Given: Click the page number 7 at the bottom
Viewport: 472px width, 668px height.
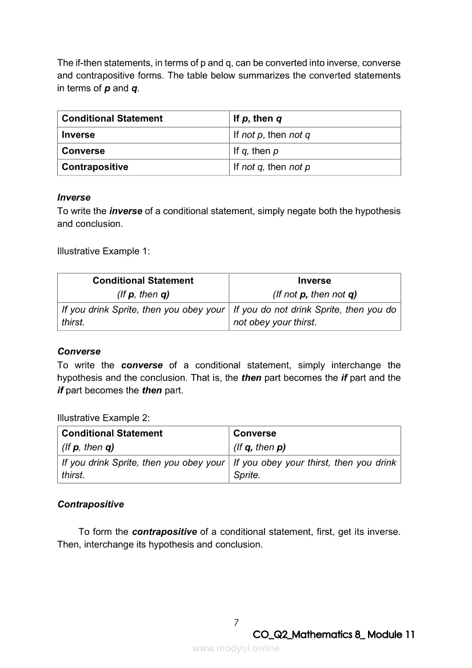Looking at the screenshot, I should pyautogui.click(x=236, y=622).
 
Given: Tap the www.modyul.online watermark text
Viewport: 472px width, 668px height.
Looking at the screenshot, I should pyautogui.click(x=236, y=648).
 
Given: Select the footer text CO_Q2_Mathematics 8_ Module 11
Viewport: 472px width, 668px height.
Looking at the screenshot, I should pyautogui.click(x=334, y=635).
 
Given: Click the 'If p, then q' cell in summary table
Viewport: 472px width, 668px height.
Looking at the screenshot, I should pyautogui.click(x=258, y=119).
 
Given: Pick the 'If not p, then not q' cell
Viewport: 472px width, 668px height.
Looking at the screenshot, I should pyautogui.click(x=271, y=135).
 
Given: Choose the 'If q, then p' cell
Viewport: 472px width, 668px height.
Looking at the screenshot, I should pyautogui.click(x=256, y=151).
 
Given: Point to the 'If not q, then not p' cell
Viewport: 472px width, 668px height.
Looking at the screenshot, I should pyautogui.click(x=271, y=167).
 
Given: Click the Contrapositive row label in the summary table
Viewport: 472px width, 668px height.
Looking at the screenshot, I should pyautogui.click(x=95, y=167).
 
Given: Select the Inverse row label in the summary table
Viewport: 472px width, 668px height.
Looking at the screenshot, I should pyautogui.click(x=78, y=135).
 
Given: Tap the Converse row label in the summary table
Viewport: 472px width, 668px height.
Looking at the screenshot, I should pyautogui.click(x=83, y=151).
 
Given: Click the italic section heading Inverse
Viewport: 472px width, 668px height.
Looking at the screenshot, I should pyautogui.click(x=74, y=197).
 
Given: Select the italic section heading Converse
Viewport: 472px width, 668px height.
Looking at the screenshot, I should pyautogui.click(x=79, y=351).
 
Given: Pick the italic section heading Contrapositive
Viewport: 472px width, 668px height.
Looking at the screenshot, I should pyautogui.click(x=90, y=505).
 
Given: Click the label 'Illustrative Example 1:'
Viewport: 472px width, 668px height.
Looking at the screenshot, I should pyautogui.click(x=103, y=251).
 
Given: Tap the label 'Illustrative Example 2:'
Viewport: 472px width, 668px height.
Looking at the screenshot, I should pyautogui.click(x=103, y=418).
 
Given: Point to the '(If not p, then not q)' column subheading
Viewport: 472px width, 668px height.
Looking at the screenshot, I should pyautogui.click(x=314, y=295).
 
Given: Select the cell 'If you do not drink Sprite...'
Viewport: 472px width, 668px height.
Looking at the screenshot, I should pyautogui.click(x=314, y=316).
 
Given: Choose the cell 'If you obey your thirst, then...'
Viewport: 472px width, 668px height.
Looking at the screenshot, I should pyautogui.click(x=314, y=469).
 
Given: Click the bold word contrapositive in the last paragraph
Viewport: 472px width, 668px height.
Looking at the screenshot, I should pyautogui.click(x=165, y=531).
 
